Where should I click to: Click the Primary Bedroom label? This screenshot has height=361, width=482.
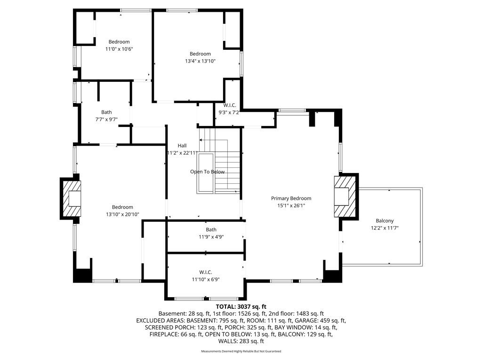tap(291, 198)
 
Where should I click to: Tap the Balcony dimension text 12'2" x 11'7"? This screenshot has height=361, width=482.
tap(385, 228)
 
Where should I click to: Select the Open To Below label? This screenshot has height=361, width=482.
tap(208, 172)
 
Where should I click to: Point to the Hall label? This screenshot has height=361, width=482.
tap(182, 146)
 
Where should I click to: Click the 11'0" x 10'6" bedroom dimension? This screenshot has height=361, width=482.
tap(119, 49)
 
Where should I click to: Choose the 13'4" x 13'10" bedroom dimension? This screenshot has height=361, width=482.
tap(200, 61)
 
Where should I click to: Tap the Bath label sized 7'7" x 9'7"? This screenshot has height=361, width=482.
tap(106, 112)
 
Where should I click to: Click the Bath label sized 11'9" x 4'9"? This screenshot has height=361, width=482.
tap(211, 229)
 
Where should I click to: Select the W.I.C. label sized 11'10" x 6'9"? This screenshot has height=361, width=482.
tap(205, 272)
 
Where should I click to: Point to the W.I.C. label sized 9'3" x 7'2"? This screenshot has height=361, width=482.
tap(230, 105)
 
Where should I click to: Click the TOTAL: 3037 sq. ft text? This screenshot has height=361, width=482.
tap(241, 306)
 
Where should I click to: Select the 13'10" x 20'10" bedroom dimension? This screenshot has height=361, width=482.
tap(122, 214)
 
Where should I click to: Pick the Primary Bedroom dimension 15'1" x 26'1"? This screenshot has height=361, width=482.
tap(291, 206)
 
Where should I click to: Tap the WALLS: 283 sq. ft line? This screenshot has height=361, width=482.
tap(241, 341)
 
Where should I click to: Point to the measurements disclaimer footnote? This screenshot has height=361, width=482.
tap(241, 351)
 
